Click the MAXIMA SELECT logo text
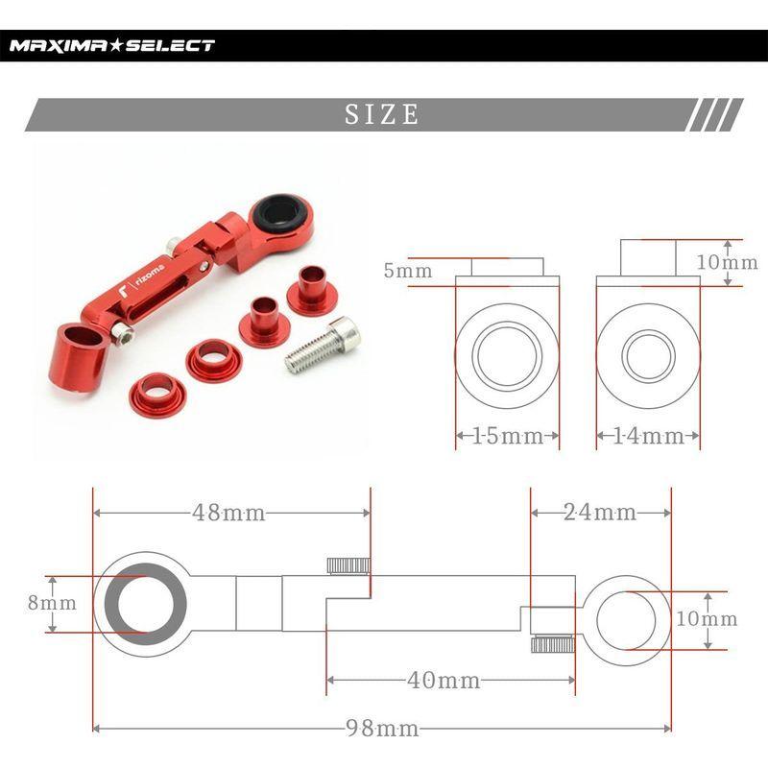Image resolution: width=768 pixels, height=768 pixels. [x=112, y=45]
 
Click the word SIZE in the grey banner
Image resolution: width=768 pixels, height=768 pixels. [x=382, y=115]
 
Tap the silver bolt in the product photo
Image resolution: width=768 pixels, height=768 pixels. [x=324, y=346]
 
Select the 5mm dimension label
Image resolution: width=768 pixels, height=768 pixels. [x=407, y=272]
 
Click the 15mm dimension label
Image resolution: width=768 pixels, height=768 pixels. [x=507, y=437]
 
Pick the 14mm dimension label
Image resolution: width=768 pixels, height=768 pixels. [x=648, y=437]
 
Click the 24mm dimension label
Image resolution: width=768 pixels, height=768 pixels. [x=600, y=513]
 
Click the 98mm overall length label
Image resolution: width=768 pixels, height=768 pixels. [x=382, y=729]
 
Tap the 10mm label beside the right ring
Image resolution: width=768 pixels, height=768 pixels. [x=707, y=619]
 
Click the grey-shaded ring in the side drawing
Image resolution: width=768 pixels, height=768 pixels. [x=146, y=604]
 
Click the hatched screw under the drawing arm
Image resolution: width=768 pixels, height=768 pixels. [x=553, y=644]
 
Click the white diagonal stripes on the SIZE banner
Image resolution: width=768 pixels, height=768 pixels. [x=715, y=115]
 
